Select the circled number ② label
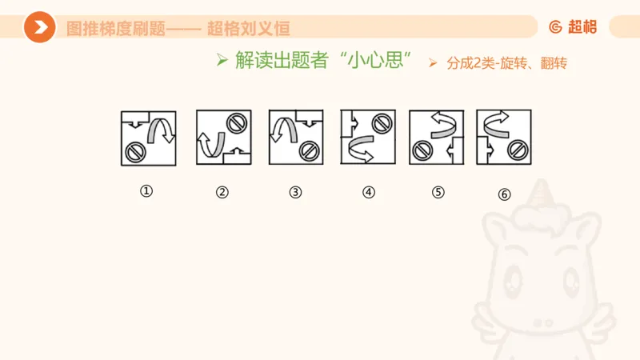pyautogui.click(x=222, y=191)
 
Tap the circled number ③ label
pyautogui.click(x=296, y=191)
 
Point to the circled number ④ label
pyautogui.click(x=369, y=191)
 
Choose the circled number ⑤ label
pyautogui.click(x=438, y=191)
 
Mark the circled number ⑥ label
pyautogui.click(x=504, y=193)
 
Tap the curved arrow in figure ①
pyautogui.click(x=164, y=129)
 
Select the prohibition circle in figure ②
pyautogui.click(x=236, y=122)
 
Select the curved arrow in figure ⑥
pyautogui.click(x=496, y=122)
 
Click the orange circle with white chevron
pyautogui.click(x=39, y=28)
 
